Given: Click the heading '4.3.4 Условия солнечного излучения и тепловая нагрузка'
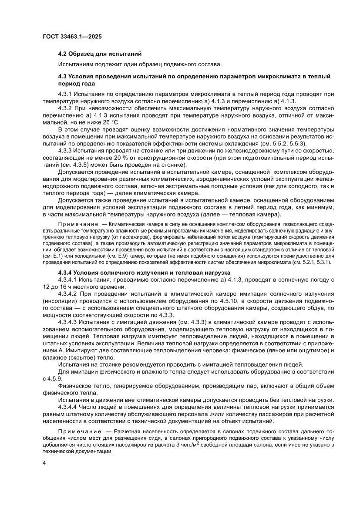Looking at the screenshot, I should tap(141, 273).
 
